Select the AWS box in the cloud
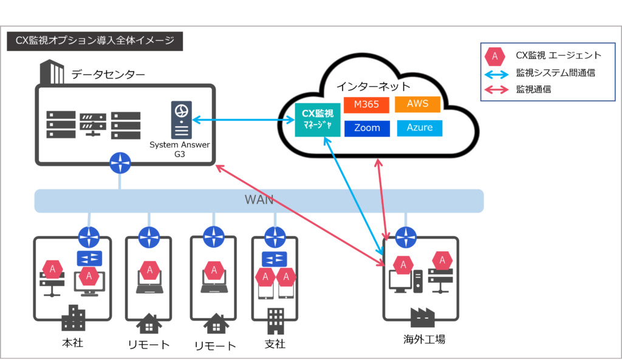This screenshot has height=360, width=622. click(417, 104)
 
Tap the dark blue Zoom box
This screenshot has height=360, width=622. click(367, 128)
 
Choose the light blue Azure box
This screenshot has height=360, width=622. click(420, 128)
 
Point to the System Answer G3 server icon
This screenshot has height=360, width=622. click(181, 120)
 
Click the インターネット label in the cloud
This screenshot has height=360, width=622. click(374, 86)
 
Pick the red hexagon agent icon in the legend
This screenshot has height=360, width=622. click(495, 56)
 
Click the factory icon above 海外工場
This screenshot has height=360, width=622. click(423, 317)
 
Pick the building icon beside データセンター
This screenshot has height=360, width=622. click(52, 73)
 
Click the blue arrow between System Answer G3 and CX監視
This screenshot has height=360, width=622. click(243, 120)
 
